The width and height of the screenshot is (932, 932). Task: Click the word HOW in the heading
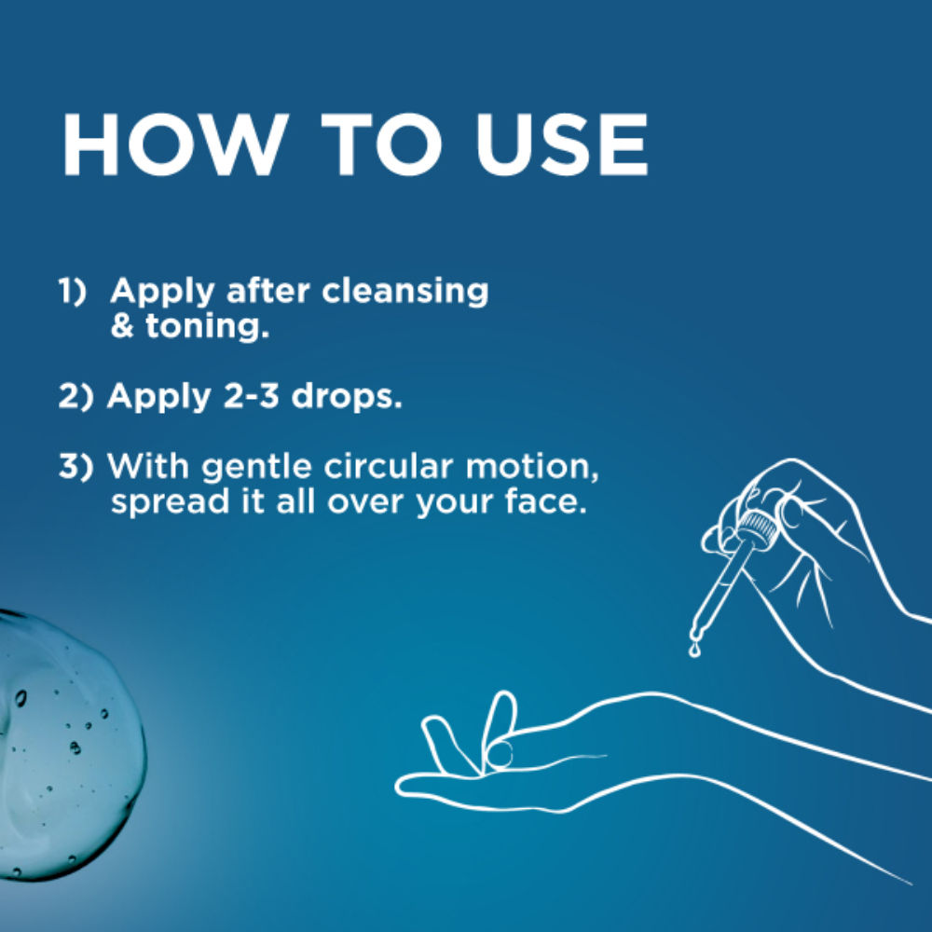175,145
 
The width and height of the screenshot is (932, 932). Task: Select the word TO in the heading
381,145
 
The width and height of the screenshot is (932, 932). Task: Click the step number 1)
72,291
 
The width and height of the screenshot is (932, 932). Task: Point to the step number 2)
76,396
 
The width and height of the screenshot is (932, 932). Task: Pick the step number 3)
76,467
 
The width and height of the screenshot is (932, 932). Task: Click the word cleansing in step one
404,293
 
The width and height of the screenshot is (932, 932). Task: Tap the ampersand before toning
122,326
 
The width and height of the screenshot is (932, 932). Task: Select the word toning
207,327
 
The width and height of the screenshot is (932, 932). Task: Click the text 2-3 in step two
251,396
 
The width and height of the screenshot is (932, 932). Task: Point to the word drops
347,398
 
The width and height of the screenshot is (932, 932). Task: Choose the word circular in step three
388,467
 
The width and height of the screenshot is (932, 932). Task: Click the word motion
532,468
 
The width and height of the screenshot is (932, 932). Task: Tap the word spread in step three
170,503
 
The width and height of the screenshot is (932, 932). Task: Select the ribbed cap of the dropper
755,526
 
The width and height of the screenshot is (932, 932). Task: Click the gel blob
65,743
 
